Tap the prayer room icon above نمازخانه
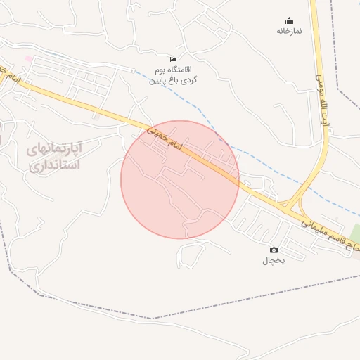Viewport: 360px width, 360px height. pos(288,20)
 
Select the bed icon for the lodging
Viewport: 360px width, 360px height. pos(174,58)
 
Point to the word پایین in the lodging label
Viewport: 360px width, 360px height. pos(157,81)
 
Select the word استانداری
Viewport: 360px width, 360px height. pos(54,166)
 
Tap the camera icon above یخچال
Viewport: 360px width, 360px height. pos(274,250)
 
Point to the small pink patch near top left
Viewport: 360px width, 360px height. pos(29,58)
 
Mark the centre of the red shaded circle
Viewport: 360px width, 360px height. pos(180,179)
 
